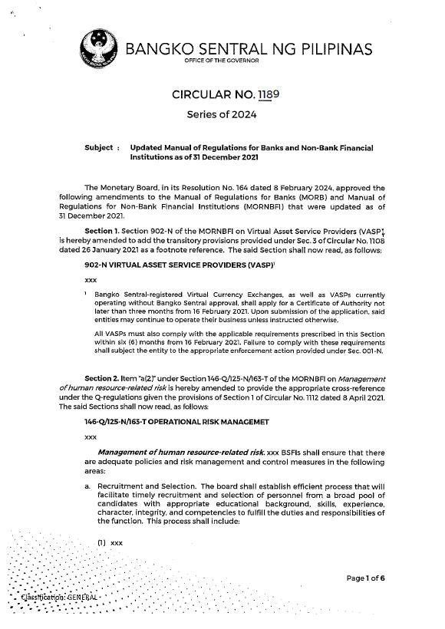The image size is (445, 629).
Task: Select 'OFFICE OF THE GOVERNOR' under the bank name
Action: coord(222,61)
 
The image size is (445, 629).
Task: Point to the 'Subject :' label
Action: coord(102,147)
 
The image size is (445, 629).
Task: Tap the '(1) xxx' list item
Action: coord(110,543)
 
